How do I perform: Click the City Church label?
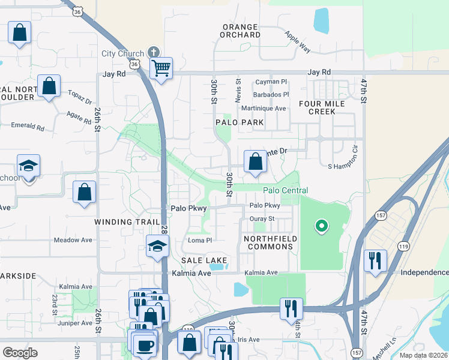tap(122, 53)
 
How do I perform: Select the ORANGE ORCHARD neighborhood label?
tap(240, 31)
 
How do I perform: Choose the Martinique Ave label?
tap(264, 108)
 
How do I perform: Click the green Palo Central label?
tap(285, 190)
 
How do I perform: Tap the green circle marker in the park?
tap(322, 226)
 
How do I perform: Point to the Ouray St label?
tap(262, 218)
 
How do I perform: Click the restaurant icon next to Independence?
tap(375, 260)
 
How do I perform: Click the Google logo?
tap(20, 352)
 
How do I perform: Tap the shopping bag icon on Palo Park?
tap(255, 161)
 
